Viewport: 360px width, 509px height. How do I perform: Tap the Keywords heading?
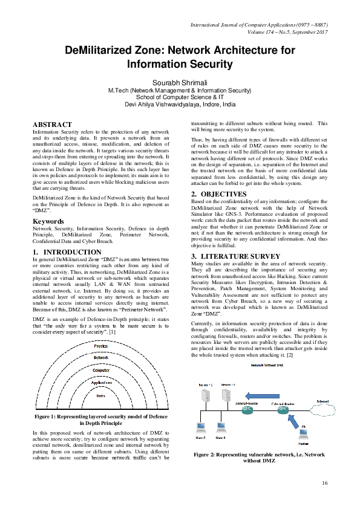48,222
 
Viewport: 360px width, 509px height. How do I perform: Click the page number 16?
325,482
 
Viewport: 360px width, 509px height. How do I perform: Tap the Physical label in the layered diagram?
100,346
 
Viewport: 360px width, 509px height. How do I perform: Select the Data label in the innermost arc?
100,395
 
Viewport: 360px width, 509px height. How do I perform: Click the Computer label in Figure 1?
100,370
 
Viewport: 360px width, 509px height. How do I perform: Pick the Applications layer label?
100,383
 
